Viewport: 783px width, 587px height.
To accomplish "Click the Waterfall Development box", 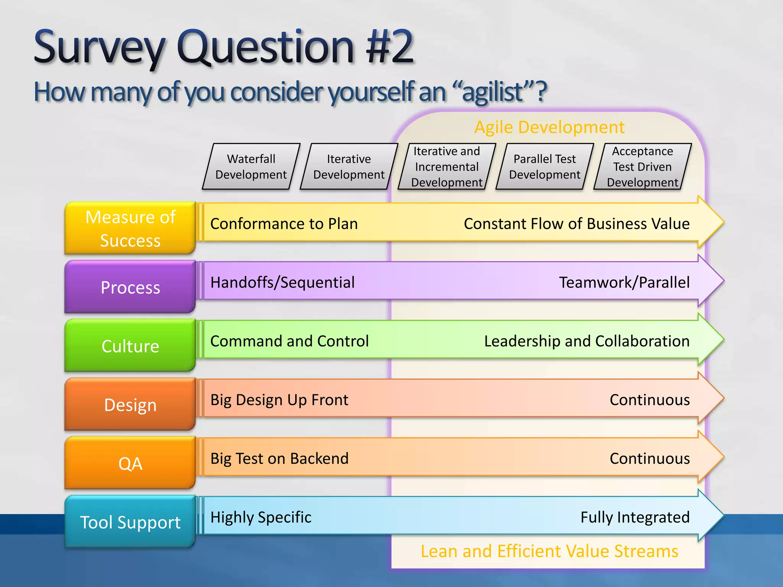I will (x=251, y=167).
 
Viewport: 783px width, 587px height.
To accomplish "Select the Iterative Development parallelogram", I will (x=349, y=167).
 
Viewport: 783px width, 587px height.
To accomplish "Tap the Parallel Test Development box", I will (x=544, y=167).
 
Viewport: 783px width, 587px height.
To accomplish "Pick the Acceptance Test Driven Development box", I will (x=642, y=167).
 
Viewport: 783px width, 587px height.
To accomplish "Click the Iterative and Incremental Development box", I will (x=447, y=167).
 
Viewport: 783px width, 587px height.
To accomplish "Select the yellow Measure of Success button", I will (x=130, y=228).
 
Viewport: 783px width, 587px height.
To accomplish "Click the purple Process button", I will (x=130, y=287).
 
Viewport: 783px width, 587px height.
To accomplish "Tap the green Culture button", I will (x=130, y=346).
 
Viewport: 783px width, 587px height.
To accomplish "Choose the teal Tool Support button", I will (x=130, y=522).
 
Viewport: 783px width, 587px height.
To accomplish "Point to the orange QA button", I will (x=130, y=463).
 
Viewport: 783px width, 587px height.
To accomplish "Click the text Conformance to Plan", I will (x=284, y=224).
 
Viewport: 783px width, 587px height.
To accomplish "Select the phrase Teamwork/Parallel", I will (x=624, y=282).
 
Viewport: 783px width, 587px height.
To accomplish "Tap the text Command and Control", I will (x=289, y=341).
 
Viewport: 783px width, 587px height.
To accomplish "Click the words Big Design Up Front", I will (x=279, y=400).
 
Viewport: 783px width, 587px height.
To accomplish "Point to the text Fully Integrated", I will (x=635, y=517).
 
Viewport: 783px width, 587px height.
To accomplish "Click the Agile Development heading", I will (x=549, y=127).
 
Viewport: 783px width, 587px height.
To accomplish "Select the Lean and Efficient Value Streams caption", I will (x=549, y=551).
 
